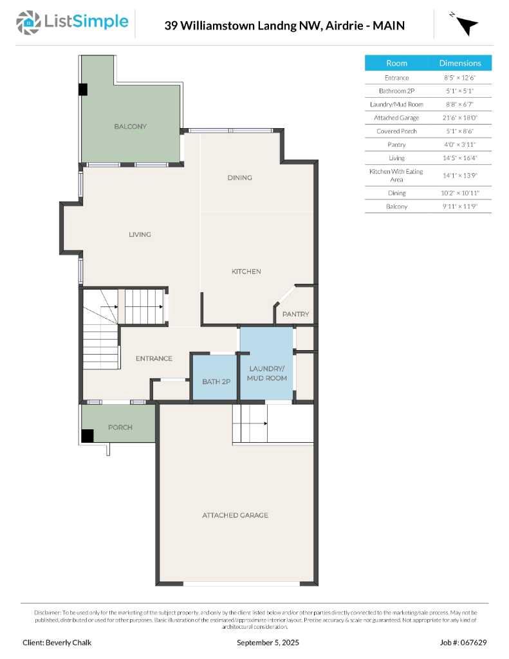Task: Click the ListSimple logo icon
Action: coord(28,23)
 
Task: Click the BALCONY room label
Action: coord(130,127)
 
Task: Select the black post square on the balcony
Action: coord(82,89)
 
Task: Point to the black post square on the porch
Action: coord(87,436)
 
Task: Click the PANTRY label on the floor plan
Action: coord(296,315)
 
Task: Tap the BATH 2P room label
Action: coord(216,382)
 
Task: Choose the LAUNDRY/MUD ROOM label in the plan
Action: coord(266,373)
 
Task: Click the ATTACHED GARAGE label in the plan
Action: coord(235,515)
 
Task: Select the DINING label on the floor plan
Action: coord(239,178)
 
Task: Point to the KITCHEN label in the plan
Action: coord(246,272)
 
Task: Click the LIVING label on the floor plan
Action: coord(140,234)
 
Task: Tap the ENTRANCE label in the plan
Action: coord(154,358)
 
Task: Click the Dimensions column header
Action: coord(459,63)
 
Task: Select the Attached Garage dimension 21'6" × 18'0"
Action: coord(459,118)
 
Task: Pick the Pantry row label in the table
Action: coord(396,145)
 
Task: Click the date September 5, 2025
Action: coord(268,642)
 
